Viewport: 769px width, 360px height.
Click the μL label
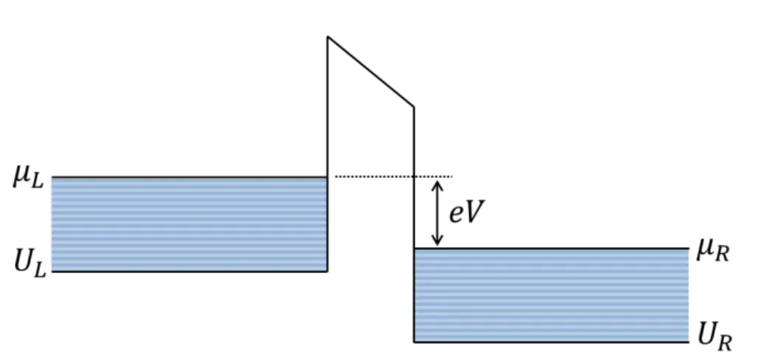[x=29, y=177]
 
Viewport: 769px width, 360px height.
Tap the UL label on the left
[x=30, y=264]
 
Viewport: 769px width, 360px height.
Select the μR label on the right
[x=713, y=251]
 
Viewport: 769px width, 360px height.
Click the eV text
[x=466, y=212]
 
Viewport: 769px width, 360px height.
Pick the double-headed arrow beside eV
[x=437, y=213]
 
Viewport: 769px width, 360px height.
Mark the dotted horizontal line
[x=393, y=176]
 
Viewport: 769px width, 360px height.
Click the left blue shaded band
[x=189, y=224]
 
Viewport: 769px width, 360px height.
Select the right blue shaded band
[x=551, y=295]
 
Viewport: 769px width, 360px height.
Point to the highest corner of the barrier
[x=328, y=36]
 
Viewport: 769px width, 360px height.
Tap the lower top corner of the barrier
[x=413, y=107]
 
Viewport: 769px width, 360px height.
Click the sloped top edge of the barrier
[x=371, y=71]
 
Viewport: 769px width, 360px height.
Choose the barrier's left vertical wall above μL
[x=328, y=107]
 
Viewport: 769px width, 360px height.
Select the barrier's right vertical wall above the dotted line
[x=413, y=141]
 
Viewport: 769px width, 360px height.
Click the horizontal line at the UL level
[x=189, y=271]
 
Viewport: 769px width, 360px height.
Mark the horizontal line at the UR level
[x=551, y=342]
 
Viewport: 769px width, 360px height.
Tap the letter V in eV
[x=474, y=212]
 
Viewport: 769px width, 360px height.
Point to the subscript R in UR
[x=725, y=343]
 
